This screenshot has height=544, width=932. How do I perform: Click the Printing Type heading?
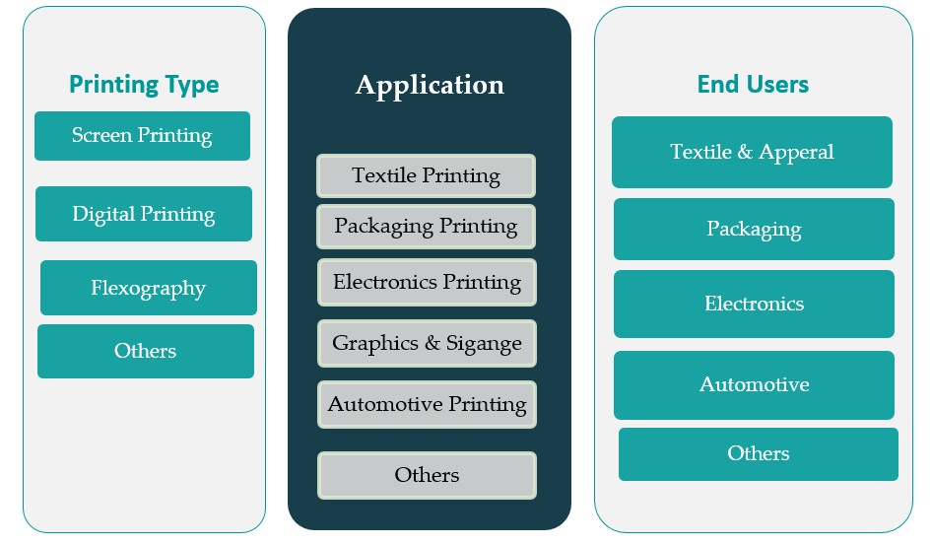coord(144,84)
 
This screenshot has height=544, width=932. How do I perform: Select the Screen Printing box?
coord(142,136)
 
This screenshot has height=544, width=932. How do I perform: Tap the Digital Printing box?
coord(144,214)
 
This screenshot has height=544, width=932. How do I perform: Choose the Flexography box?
coord(149,288)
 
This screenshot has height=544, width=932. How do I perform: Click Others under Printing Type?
coord(146,351)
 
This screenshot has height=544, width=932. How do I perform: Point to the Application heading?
coord(430,85)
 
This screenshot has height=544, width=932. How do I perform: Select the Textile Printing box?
coord(426,176)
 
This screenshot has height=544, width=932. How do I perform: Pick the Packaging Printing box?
coord(426,226)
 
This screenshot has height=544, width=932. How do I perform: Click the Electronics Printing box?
coord(427,282)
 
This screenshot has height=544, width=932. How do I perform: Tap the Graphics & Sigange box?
coord(427,343)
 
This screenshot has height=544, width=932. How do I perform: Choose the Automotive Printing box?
coord(427,404)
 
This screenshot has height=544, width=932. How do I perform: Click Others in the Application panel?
coord(427,475)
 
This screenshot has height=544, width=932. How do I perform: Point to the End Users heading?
coord(753,84)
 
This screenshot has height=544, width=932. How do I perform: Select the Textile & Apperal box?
coord(752,152)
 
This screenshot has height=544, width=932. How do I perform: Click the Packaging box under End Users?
coord(754,229)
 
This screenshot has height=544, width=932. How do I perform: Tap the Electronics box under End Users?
coord(754,304)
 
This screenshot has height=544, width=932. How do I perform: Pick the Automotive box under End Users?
coord(754,384)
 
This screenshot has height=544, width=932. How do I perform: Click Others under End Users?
coord(759,453)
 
